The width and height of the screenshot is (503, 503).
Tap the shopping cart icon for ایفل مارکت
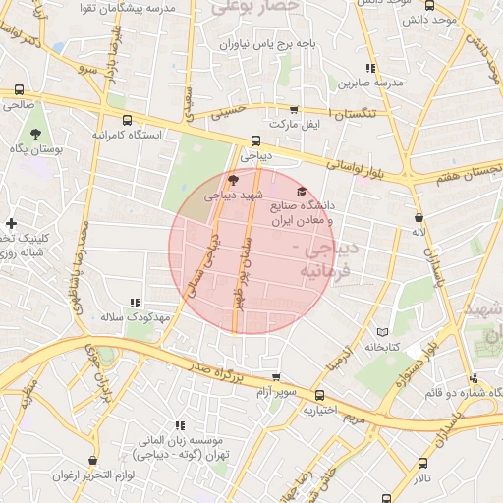(x=293, y=110)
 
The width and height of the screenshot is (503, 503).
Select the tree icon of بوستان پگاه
(x=36, y=133)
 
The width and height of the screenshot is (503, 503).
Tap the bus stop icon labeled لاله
(x=419, y=217)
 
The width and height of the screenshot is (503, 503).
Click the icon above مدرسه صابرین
(x=369, y=68)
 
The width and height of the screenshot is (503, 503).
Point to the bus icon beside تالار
(x=422, y=463)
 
